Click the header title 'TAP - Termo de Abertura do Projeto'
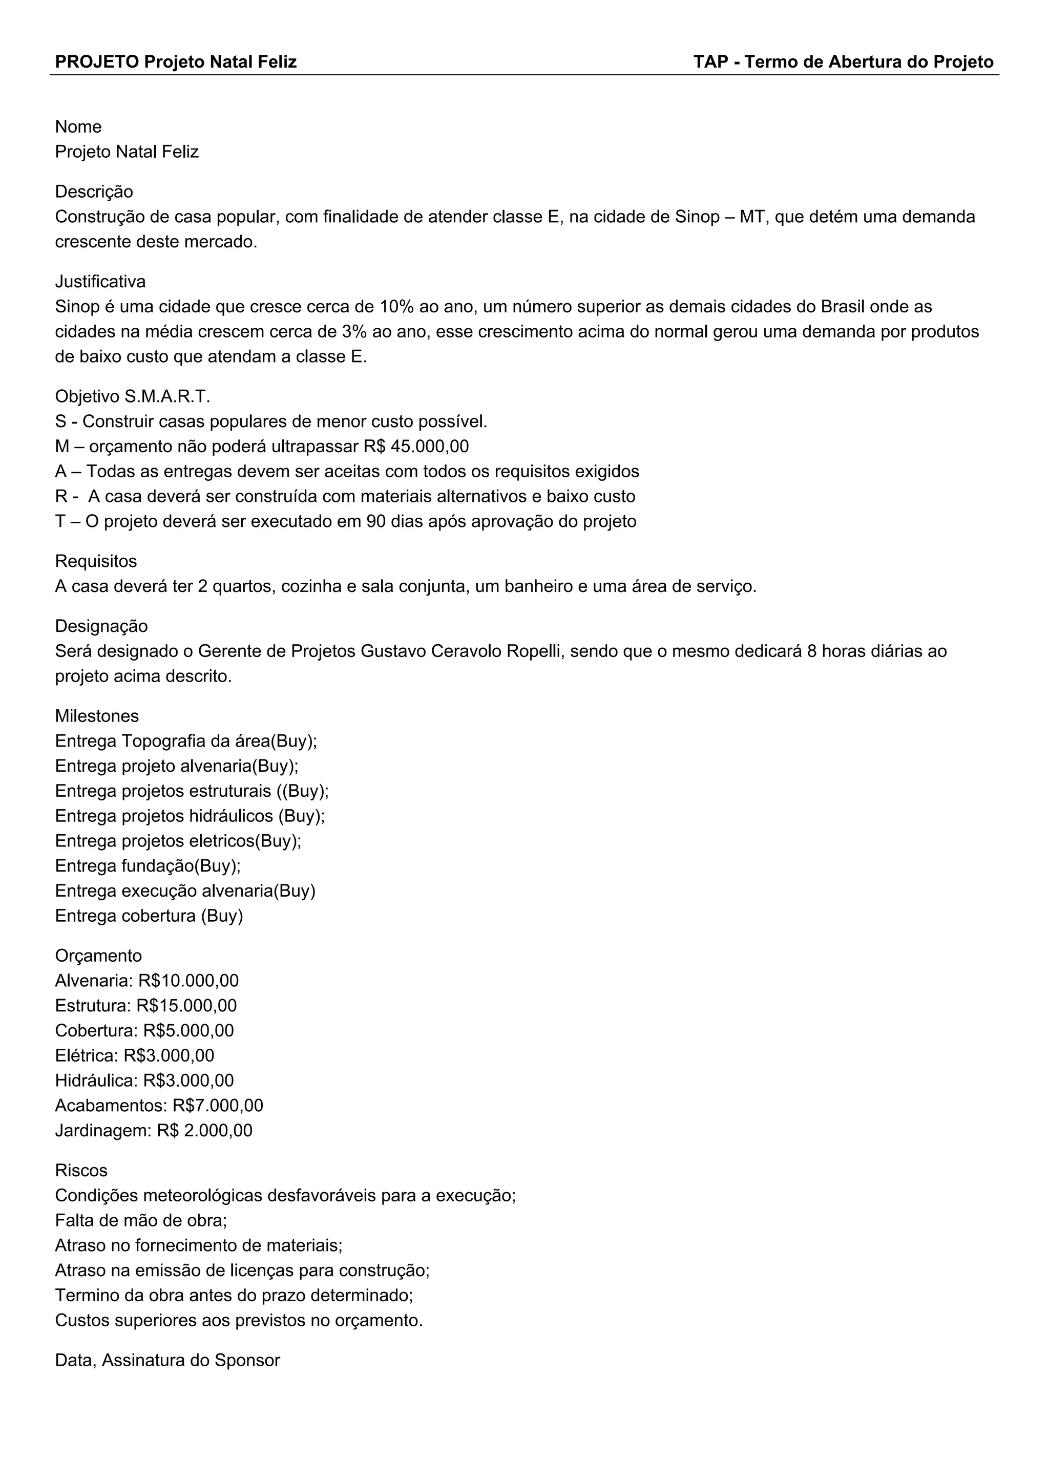pos(843,62)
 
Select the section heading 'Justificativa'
pos(100,282)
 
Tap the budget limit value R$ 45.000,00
pos(416,447)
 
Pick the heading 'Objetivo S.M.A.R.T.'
pos(133,396)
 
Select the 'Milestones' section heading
pos(97,716)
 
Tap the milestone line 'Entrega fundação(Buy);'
pos(148,865)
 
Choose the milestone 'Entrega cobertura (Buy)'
pos(149,916)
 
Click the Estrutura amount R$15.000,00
pos(186,1006)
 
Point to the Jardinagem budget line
pos(154,1130)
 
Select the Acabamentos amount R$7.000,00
pos(218,1105)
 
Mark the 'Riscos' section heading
pos(81,1171)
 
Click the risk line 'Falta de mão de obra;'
pos(141,1221)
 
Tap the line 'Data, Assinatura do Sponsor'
pos(167,1360)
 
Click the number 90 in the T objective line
pos(376,521)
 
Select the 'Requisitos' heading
pos(96,561)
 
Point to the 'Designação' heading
pos(101,626)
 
